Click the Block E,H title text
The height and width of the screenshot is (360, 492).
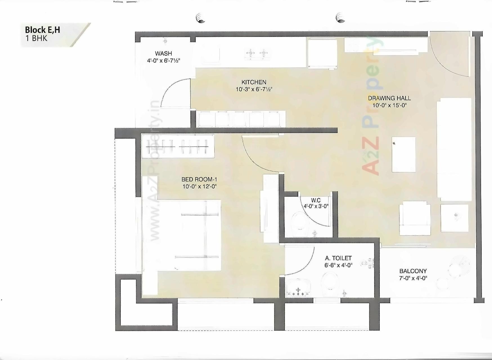tap(42, 30)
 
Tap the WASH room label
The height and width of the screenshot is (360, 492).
tap(163, 53)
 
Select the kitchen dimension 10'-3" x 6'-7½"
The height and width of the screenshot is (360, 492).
tap(254, 89)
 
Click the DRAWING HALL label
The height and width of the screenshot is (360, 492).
tap(389, 98)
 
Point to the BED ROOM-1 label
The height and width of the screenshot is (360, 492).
tap(199, 179)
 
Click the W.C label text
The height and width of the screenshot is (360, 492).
tap(316, 200)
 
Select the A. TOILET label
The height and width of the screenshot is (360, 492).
tap(338, 258)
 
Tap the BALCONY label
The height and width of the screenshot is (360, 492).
tap(413, 271)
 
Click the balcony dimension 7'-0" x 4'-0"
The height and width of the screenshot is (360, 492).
tap(413, 278)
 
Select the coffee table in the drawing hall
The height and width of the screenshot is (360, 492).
tap(404, 154)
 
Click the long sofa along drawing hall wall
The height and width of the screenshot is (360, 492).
tap(454, 149)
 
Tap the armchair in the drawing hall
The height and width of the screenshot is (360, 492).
tap(415, 218)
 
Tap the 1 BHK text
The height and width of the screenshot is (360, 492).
tap(36, 39)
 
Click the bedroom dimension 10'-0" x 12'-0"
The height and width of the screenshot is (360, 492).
tap(199, 186)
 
